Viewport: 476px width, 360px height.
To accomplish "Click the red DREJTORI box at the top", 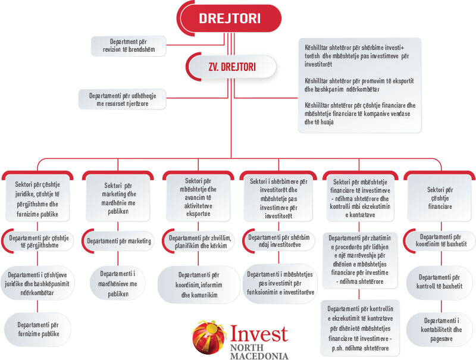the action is (x=230, y=18).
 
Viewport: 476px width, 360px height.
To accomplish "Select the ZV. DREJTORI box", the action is (x=231, y=67).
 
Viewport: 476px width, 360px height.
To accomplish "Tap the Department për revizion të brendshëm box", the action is (x=129, y=46).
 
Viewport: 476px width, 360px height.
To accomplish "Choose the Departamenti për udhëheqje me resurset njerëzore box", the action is (x=123, y=99).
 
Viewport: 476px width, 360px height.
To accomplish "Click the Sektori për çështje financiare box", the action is (x=440, y=198).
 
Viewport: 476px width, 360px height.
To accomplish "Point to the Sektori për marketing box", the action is (x=118, y=198).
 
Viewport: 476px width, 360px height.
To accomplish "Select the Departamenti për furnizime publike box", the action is (x=37, y=329).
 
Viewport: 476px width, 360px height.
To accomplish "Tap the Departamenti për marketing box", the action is (x=118, y=241).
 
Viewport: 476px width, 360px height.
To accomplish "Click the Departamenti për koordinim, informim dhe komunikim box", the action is (x=199, y=284).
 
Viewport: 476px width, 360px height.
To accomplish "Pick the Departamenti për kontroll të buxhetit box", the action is (x=440, y=282).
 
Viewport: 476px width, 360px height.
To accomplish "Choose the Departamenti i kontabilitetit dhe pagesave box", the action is (x=440, y=330).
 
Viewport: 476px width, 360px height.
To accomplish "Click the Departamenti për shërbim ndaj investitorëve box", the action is (x=278, y=241).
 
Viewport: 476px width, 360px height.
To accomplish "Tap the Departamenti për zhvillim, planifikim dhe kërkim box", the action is (x=199, y=242).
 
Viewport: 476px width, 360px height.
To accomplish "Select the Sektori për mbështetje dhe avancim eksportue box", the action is (x=198, y=197).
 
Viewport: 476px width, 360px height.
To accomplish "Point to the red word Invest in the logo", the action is (x=259, y=334).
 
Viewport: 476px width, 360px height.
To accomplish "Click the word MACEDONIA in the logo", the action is (x=259, y=356).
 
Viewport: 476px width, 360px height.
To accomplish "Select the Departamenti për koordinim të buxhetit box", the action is (x=440, y=240).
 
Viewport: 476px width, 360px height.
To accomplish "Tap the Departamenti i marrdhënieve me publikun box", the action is (x=118, y=283).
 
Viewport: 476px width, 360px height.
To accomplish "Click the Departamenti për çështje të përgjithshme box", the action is (x=37, y=242).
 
